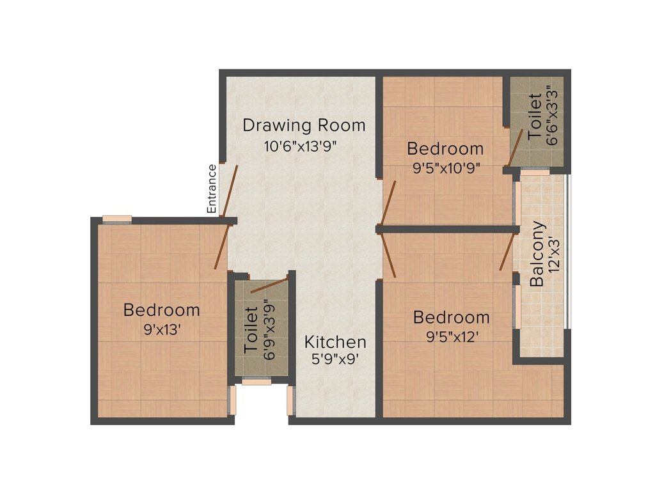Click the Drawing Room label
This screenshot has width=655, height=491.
(304, 125)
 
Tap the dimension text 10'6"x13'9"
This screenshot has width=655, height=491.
(300, 146)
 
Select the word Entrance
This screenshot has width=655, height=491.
(212, 189)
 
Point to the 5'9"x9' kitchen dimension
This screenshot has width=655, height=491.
(335, 359)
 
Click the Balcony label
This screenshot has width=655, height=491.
(538, 253)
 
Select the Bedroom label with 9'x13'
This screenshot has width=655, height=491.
(161, 310)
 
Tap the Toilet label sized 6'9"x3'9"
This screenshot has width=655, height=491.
(251, 331)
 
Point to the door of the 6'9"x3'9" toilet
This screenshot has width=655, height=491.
(269, 285)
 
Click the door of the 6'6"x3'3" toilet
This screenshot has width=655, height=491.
(516, 147)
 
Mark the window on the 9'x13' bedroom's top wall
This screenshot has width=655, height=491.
(117, 219)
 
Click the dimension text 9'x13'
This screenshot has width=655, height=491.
(161, 331)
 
